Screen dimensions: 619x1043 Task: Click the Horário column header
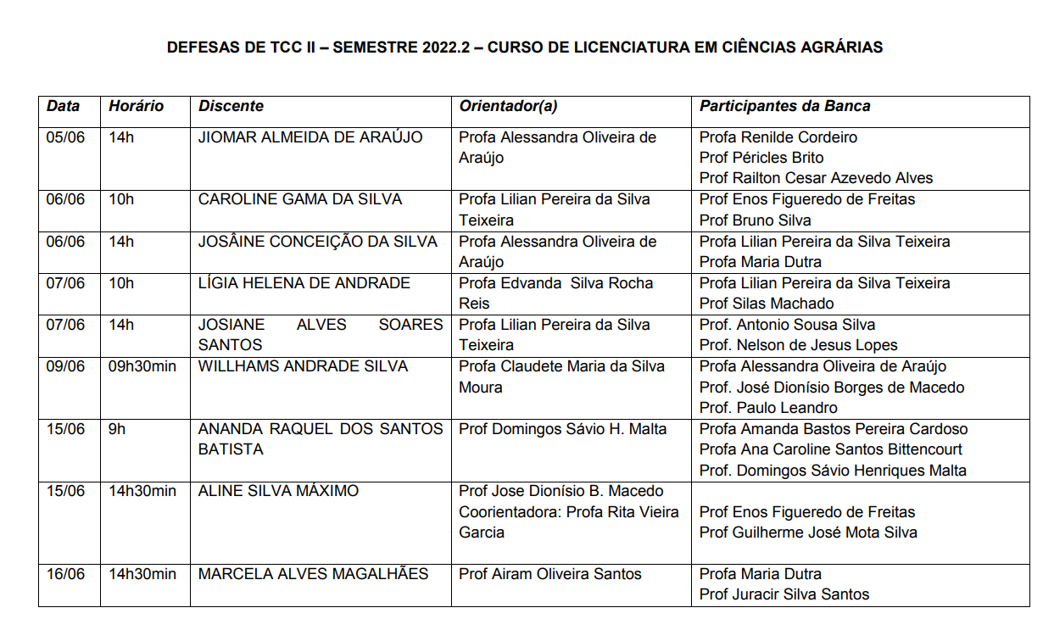point(136,107)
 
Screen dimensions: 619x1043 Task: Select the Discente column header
point(231,107)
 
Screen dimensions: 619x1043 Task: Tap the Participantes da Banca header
point(784,107)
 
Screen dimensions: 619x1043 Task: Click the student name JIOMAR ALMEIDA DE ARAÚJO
point(310,137)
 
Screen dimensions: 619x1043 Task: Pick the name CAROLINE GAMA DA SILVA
point(300,199)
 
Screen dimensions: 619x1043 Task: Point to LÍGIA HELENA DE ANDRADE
point(304,283)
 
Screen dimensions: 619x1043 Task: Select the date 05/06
point(65,137)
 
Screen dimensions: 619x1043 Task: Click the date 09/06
point(65,366)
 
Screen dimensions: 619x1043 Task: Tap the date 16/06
point(65,574)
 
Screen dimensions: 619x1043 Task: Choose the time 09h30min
point(142,366)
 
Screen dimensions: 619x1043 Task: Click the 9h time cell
point(117,429)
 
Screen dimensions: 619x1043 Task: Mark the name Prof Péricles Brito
point(761,158)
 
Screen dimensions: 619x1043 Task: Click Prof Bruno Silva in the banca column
point(755,220)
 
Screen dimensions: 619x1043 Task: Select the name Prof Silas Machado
point(767,304)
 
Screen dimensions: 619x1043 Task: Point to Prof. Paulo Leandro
point(768,408)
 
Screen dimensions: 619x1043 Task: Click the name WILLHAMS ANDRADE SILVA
point(303,366)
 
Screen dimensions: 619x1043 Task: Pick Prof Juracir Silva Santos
point(784,595)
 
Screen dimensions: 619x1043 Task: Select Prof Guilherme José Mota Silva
point(808,533)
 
